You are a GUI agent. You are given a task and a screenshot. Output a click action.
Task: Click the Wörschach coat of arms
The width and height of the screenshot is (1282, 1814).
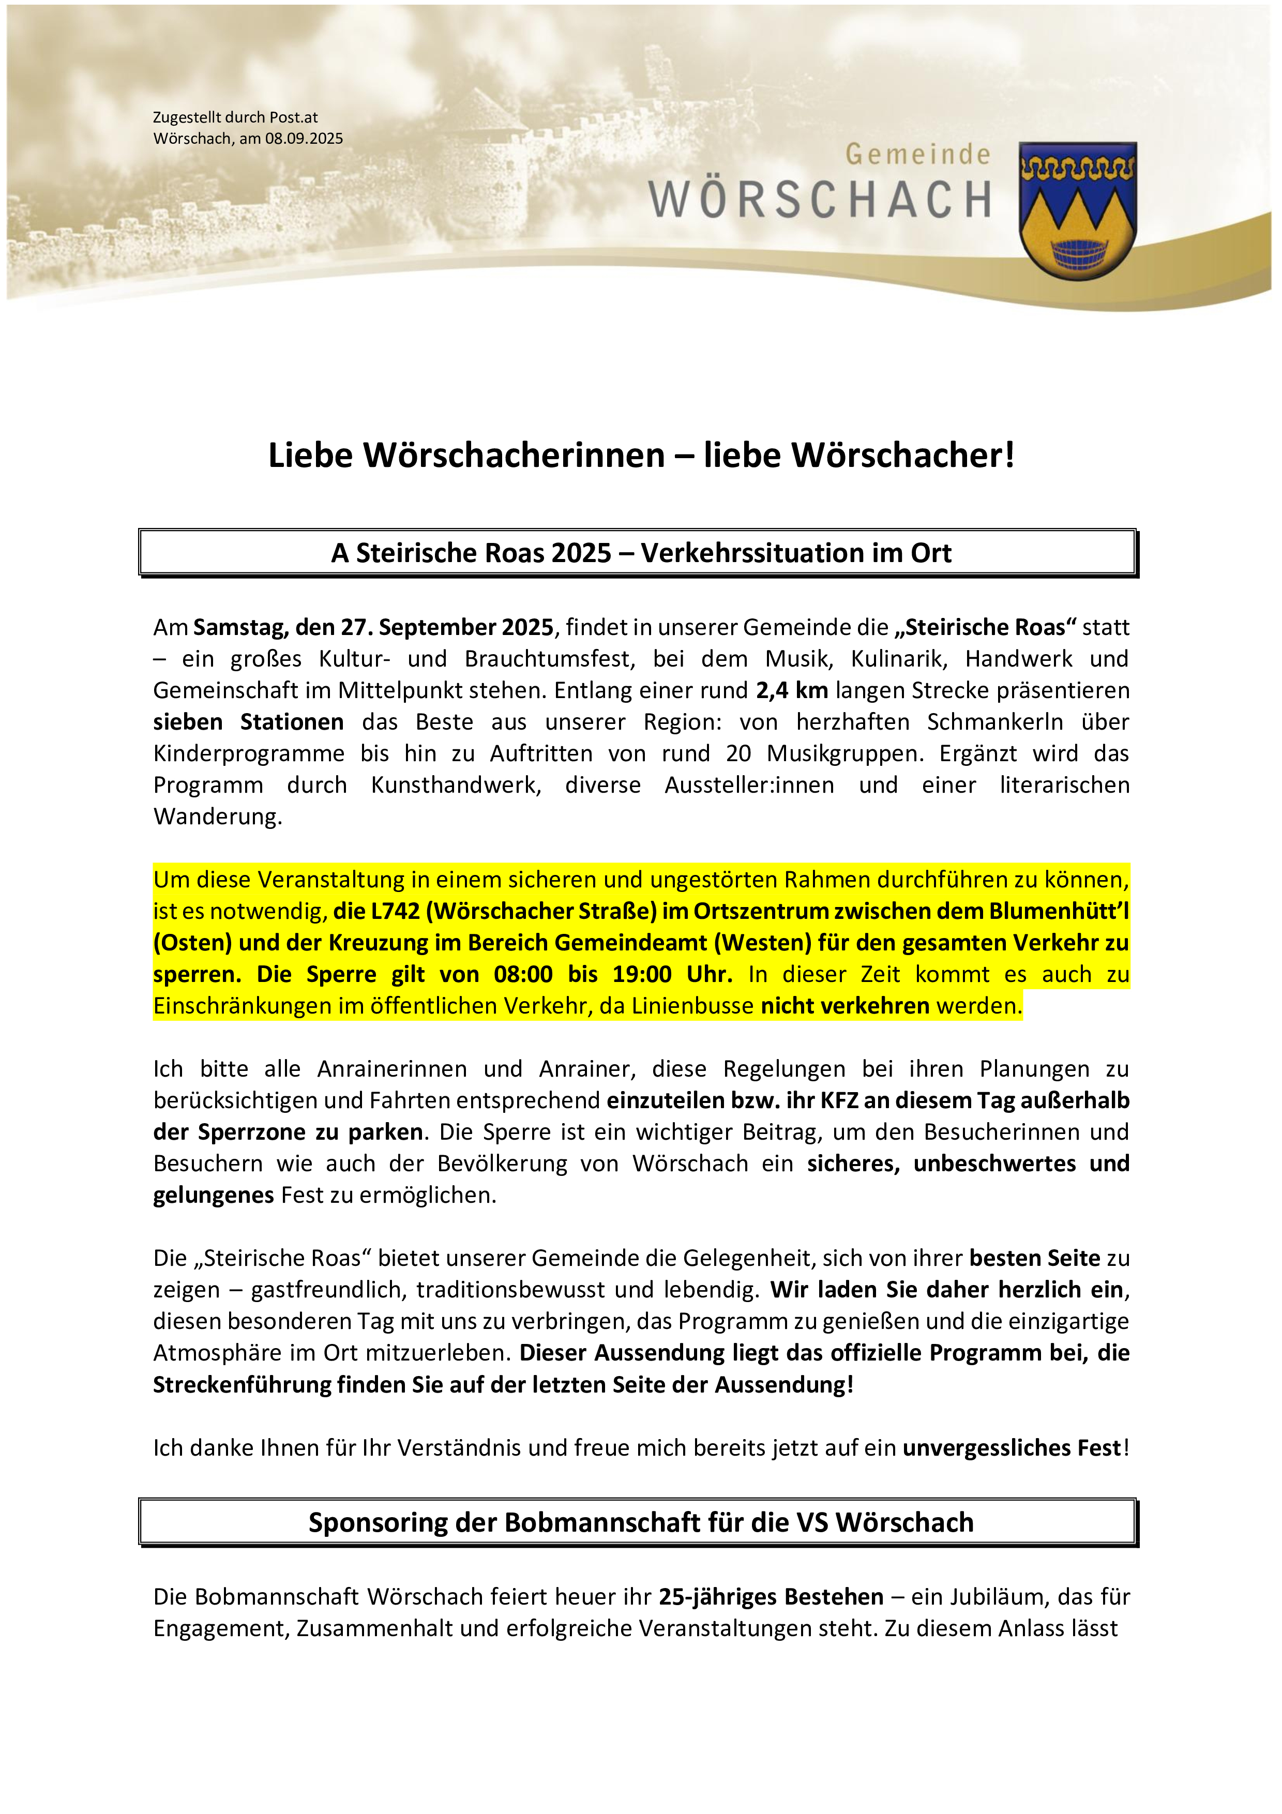(x=1077, y=211)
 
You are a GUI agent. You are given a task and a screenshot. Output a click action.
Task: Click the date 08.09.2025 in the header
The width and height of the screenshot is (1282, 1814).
(x=304, y=139)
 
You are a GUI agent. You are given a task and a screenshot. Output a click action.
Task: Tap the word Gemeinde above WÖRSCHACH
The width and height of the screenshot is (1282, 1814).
(x=918, y=155)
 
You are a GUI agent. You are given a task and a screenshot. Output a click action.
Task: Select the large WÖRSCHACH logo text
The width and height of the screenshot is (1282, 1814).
(x=820, y=200)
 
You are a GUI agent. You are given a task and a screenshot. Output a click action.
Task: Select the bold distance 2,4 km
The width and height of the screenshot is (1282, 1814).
(x=791, y=690)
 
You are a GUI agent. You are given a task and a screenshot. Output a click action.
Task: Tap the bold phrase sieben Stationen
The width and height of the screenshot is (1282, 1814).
(x=249, y=722)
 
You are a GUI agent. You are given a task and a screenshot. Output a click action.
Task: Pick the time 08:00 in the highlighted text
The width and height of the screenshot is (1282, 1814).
(x=523, y=974)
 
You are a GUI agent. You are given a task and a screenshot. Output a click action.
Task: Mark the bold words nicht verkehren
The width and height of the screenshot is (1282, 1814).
(x=844, y=1006)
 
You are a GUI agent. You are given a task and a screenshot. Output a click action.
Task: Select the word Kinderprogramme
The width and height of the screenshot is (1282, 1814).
(x=249, y=754)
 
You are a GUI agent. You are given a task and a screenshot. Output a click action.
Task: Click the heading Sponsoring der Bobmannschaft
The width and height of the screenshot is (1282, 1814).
(x=641, y=1522)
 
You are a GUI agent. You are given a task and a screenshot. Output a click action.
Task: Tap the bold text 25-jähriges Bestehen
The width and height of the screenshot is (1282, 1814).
(x=771, y=1597)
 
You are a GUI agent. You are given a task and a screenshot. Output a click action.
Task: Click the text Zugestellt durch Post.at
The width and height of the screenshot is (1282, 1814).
(x=235, y=118)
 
